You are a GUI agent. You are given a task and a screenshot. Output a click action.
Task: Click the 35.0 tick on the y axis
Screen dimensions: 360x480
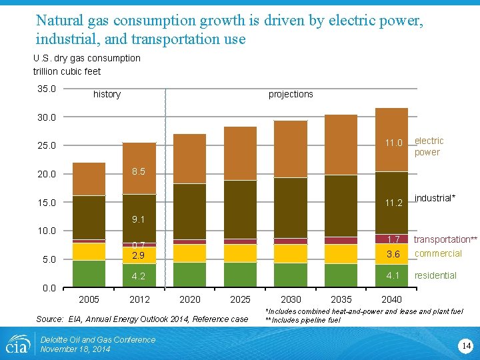click(x=46, y=89)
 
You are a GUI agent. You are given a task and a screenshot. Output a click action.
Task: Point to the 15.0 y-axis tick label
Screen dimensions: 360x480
click(x=46, y=203)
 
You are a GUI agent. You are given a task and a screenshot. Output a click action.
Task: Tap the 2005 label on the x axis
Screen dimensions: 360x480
click(x=89, y=299)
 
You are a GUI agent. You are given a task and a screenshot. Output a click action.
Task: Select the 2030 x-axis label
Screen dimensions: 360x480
click(x=291, y=299)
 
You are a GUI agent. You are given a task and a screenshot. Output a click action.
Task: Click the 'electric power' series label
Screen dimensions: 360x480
click(x=429, y=147)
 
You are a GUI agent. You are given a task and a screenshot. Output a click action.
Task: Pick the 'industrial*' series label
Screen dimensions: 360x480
click(x=435, y=198)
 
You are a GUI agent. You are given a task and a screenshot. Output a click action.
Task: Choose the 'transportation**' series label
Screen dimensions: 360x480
click(x=446, y=239)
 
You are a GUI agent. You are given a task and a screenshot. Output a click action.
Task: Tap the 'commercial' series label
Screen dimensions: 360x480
click(x=438, y=253)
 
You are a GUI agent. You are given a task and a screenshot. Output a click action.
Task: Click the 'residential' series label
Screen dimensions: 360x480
click(x=435, y=275)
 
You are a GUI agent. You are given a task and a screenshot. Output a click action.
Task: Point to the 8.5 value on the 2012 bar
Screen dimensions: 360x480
click(x=139, y=171)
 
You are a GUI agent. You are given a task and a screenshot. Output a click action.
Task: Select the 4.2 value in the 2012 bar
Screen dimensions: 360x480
click(x=139, y=276)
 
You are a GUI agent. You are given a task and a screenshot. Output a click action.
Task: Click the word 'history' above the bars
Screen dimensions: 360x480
click(x=107, y=94)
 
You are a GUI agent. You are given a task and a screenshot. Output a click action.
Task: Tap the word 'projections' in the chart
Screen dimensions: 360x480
click(x=291, y=94)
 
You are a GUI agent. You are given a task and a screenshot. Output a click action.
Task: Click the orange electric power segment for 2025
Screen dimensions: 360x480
click(x=240, y=153)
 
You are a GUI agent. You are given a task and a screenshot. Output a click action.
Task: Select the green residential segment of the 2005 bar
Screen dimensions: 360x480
click(x=89, y=273)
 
